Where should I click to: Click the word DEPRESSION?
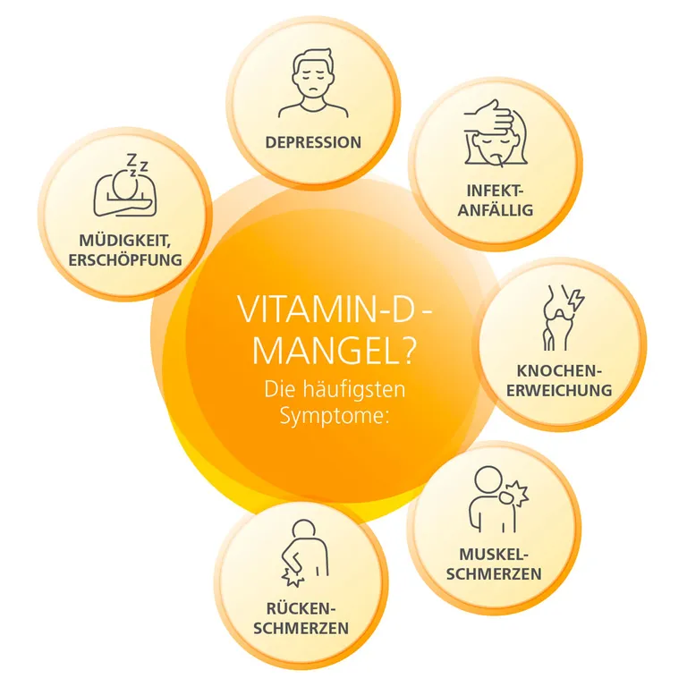pyautogui.click(x=313, y=142)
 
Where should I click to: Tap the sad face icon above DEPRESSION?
pyautogui.click(x=313, y=83)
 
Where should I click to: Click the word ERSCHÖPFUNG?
pyautogui.click(x=125, y=259)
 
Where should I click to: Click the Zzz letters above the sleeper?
pyautogui.click(x=137, y=164)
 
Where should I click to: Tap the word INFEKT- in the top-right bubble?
pyautogui.click(x=495, y=191)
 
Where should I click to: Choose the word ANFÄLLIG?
pyautogui.click(x=496, y=210)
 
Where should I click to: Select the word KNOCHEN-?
pyautogui.click(x=559, y=371)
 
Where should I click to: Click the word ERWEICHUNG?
pyautogui.click(x=559, y=390)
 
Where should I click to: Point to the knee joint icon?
pyautogui.click(x=558, y=318)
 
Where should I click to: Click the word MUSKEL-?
pyautogui.click(x=494, y=555)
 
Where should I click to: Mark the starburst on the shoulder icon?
pyautogui.click(x=517, y=494)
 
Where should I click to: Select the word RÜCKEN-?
pyautogui.click(x=301, y=608)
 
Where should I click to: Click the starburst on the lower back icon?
pyautogui.click(x=293, y=578)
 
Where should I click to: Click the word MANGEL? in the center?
pyautogui.click(x=333, y=350)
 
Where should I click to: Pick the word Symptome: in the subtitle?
pyautogui.click(x=335, y=416)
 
